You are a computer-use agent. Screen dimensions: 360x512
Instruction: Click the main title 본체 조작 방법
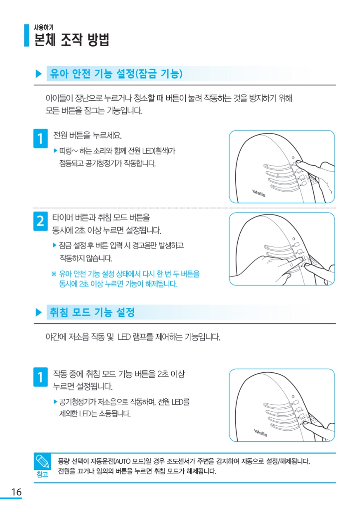click(x=71, y=40)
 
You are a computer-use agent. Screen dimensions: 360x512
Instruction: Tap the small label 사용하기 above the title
click(x=43, y=27)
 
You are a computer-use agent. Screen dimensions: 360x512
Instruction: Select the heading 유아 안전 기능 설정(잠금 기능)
click(x=116, y=74)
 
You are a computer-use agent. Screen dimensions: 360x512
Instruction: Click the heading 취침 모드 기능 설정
click(x=92, y=312)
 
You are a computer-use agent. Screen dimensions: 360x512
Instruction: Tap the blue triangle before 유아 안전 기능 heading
click(x=39, y=74)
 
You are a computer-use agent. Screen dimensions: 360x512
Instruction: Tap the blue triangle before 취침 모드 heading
click(x=39, y=312)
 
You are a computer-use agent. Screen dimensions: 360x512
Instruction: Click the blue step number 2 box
click(x=40, y=221)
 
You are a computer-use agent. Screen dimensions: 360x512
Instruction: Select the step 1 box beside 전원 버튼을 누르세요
click(x=40, y=138)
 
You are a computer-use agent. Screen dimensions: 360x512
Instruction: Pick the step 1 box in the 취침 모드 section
click(x=40, y=377)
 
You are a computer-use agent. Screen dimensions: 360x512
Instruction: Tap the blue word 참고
click(x=42, y=474)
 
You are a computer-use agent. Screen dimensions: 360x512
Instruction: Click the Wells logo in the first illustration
click(x=258, y=193)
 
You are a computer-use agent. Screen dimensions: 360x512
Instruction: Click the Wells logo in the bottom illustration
click(x=261, y=433)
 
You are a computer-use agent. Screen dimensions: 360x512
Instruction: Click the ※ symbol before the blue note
click(x=54, y=274)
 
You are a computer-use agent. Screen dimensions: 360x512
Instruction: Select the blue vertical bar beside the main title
click(x=27, y=36)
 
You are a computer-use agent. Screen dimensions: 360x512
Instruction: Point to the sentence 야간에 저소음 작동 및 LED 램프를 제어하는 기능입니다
click(x=133, y=337)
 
